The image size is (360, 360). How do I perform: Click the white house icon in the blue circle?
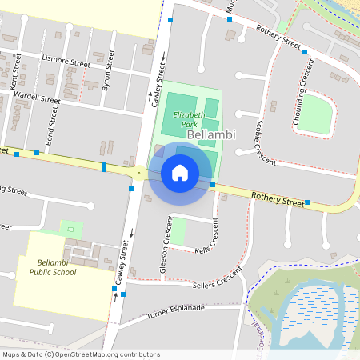coord(180,172)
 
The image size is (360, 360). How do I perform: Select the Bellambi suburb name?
coord(211,135)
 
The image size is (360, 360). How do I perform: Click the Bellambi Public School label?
coord(57,267)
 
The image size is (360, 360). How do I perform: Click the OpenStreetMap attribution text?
coord(81,354)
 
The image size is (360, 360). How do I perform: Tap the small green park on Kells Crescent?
coord(178,231)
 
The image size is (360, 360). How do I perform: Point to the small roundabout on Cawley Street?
coord(139,172)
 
